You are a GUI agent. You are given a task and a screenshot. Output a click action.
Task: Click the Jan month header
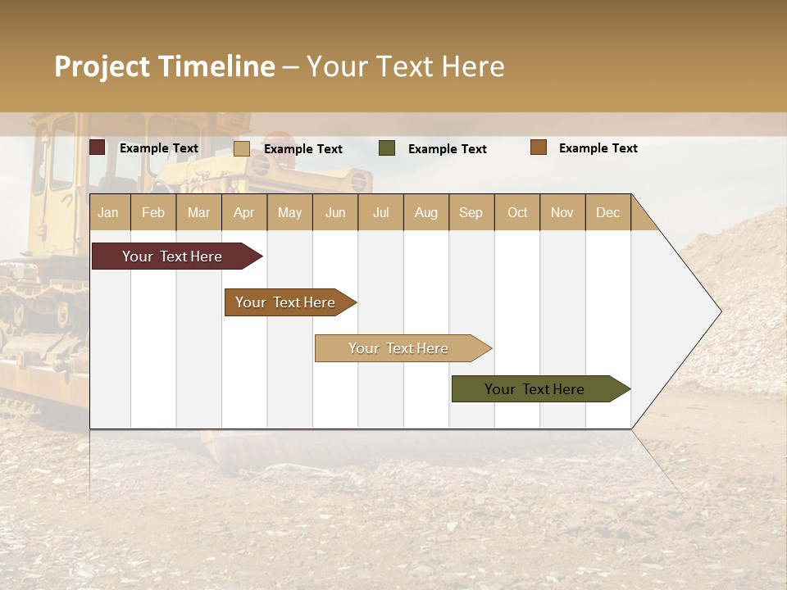tap(108, 212)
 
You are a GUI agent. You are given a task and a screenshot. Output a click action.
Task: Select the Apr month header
tap(243, 212)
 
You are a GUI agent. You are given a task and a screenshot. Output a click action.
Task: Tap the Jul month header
tap(380, 212)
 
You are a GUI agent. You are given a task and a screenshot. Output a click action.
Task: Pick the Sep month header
tap(471, 212)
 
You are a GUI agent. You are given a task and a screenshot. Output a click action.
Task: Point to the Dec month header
tap(607, 212)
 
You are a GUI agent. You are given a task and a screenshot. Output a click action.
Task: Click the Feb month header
tap(153, 212)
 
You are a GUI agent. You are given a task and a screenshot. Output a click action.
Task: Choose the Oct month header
tap(517, 212)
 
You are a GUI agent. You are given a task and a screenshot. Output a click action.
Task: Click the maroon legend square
tap(98, 147)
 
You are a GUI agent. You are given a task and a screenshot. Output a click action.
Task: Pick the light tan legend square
tap(242, 148)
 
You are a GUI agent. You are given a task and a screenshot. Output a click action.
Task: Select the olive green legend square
tap(387, 148)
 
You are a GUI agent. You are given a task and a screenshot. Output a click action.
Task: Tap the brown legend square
tap(539, 147)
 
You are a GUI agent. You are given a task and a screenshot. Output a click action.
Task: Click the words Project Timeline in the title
tap(165, 66)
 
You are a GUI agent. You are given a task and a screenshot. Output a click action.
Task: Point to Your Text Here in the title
tap(405, 66)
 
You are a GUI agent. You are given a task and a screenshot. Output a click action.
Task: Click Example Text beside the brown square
tap(598, 148)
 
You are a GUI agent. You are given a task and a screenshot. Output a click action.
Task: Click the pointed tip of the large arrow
tap(718, 311)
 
